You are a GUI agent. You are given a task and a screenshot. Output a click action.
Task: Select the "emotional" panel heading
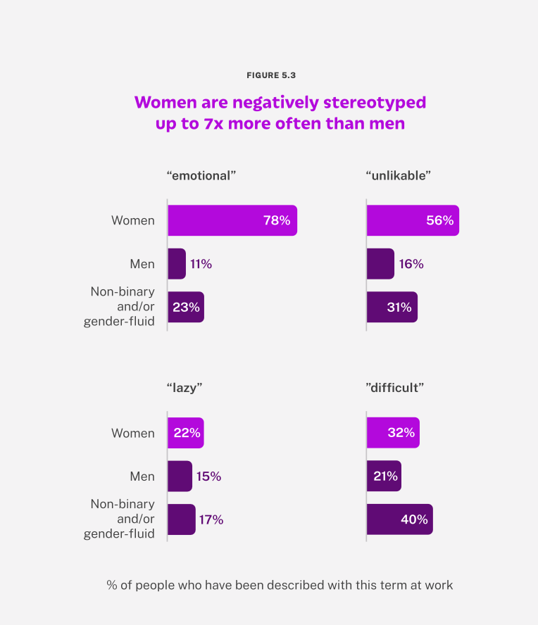click(201, 175)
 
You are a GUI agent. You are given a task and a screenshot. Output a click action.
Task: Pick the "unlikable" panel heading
click(399, 175)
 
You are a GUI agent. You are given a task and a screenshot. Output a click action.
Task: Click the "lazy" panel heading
click(185, 388)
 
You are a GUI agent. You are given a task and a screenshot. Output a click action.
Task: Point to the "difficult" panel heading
click(395, 388)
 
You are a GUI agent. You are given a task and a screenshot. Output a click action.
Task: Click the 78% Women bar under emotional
click(232, 220)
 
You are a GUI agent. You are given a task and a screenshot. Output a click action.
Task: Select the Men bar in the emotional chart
click(176, 264)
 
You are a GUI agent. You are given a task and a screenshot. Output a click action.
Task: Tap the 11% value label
click(201, 264)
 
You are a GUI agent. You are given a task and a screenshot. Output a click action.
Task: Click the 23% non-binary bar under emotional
click(185, 307)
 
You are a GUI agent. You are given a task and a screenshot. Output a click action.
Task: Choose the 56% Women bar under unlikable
click(413, 220)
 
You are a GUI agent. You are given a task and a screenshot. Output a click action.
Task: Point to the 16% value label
click(411, 264)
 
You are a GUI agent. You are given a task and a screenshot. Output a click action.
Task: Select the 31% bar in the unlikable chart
click(392, 307)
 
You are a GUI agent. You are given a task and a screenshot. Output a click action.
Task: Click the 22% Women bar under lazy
click(185, 433)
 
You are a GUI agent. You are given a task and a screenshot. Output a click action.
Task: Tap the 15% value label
click(208, 476)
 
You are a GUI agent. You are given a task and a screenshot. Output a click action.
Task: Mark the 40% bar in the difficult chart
click(399, 519)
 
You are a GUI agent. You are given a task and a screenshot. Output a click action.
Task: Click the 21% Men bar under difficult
click(384, 476)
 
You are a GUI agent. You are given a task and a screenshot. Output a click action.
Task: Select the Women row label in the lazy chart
click(132, 433)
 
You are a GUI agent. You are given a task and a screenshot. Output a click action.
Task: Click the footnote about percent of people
click(280, 584)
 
